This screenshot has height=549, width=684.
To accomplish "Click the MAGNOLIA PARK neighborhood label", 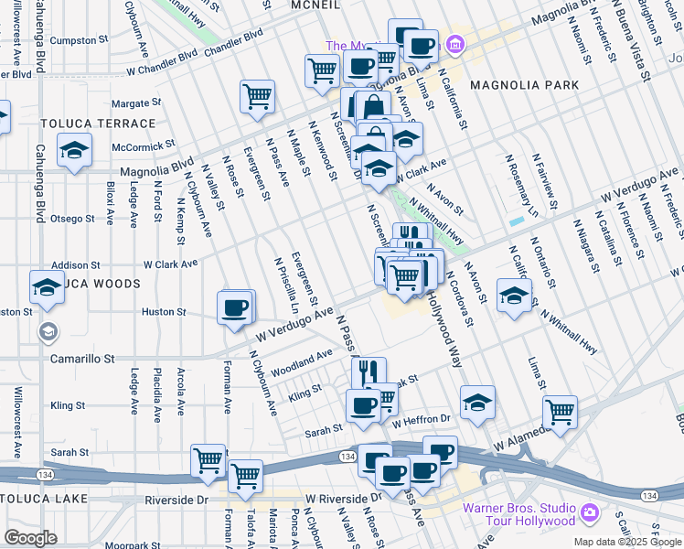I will click(524, 85).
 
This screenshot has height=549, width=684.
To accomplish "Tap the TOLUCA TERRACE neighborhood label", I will click(98, 124).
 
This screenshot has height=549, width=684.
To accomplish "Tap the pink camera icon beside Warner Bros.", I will click(591, 511).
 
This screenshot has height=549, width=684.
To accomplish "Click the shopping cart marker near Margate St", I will click(258, 96).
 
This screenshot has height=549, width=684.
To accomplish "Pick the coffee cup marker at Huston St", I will click(236, 307).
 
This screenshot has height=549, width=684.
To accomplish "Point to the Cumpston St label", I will click(74, 41).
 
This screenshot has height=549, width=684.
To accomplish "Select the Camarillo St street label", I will click(83, 360).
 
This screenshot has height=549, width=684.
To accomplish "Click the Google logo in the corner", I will click(30, 538).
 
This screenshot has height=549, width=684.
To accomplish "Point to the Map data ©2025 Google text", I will click(627, 542).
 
